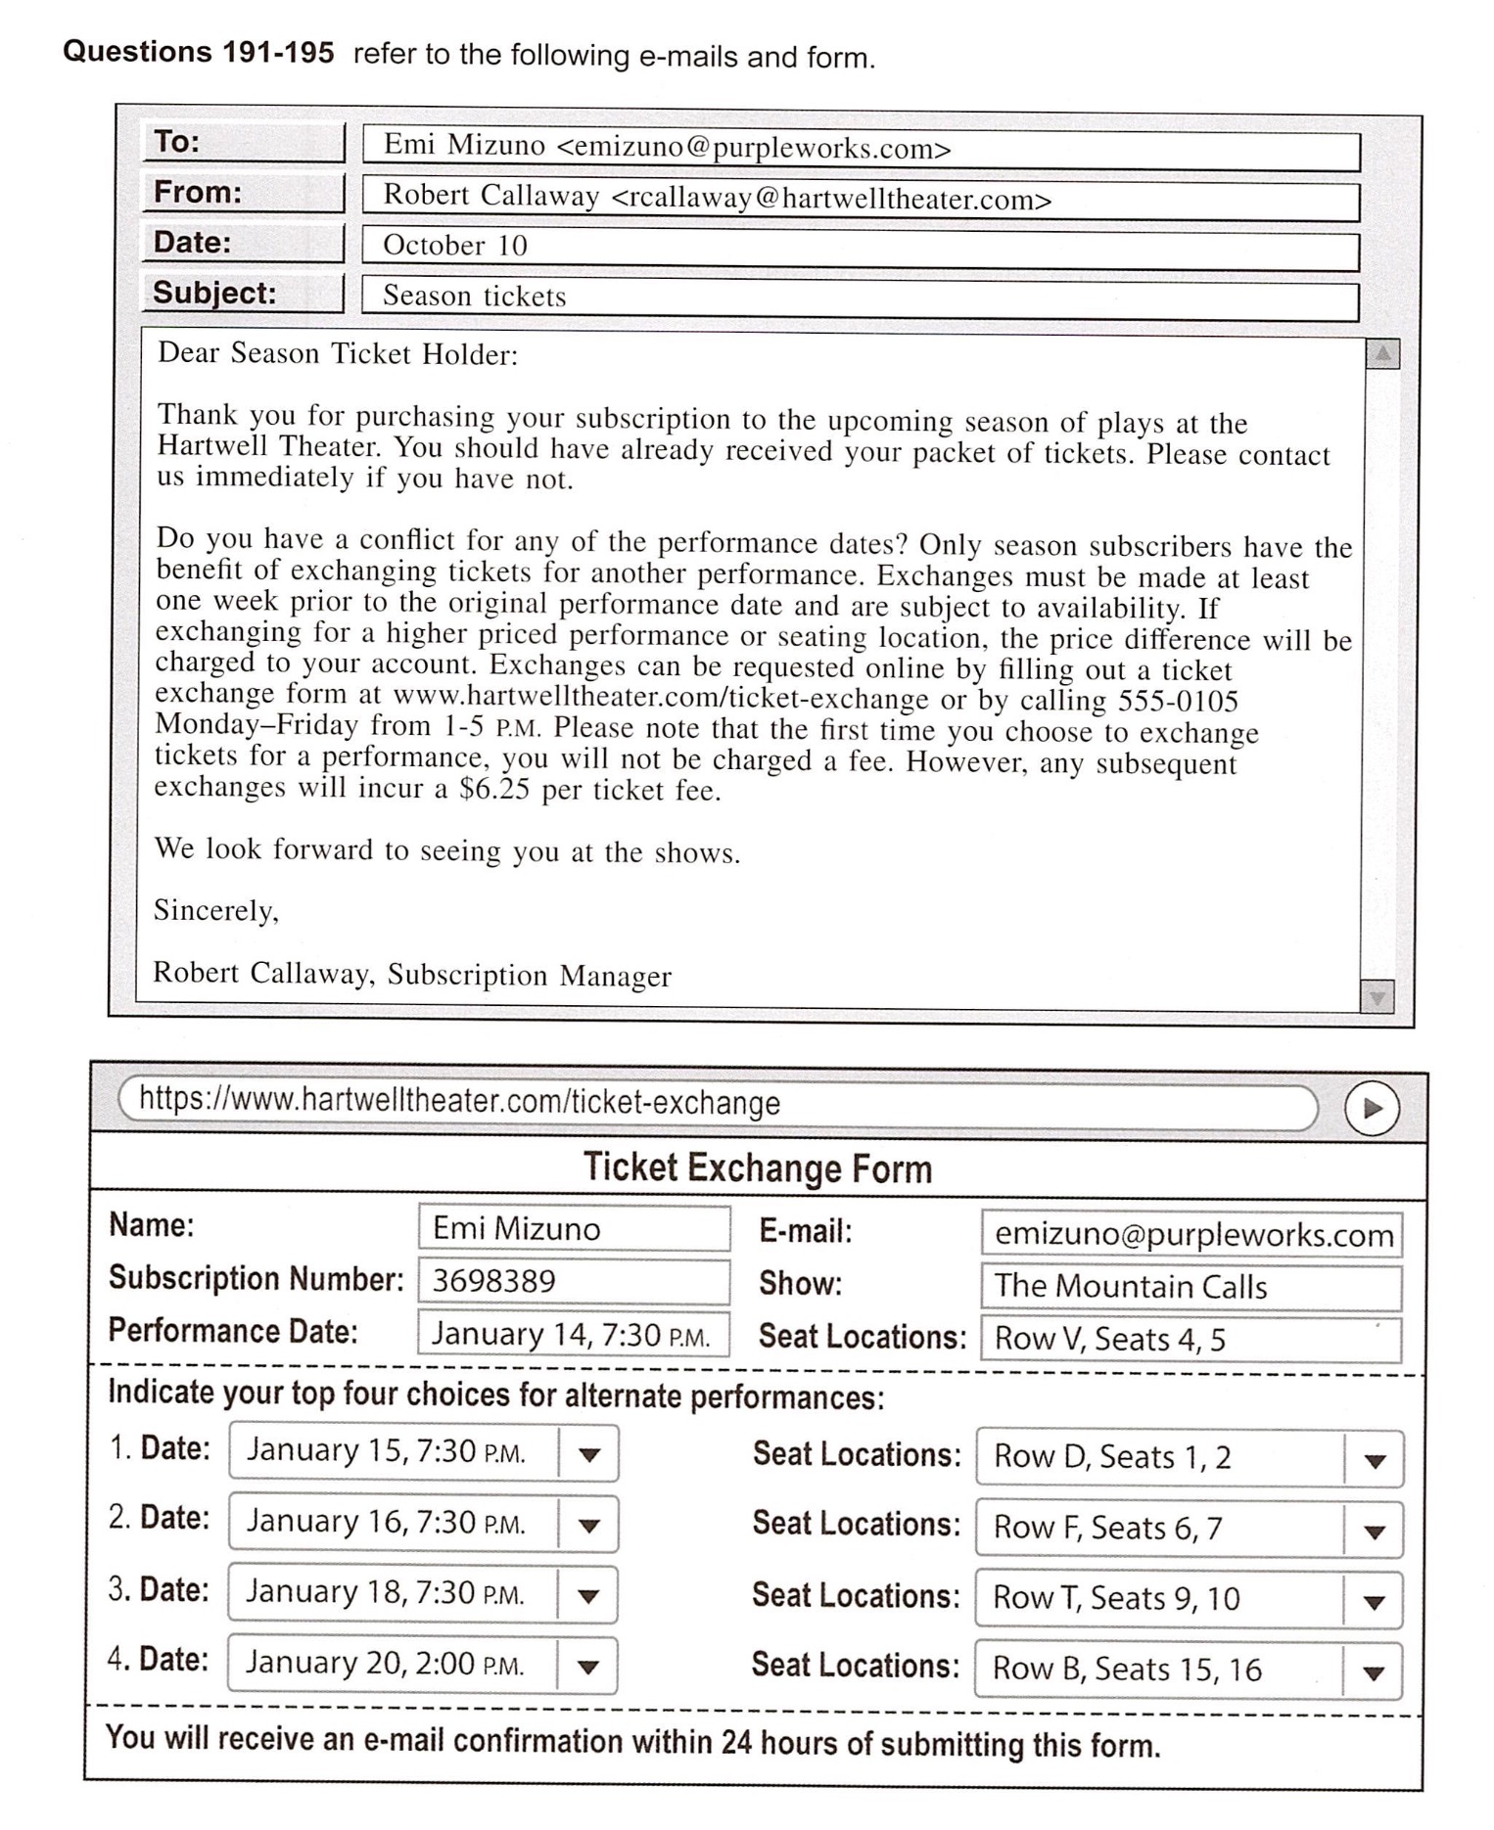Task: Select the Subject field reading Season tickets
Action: [x=860, y=297]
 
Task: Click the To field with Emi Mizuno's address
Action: [x=860, y=148]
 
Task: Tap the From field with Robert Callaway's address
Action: [x=860, y=199]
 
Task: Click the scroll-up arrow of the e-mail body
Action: [x=1382, y=354]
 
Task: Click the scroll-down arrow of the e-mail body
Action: [x=1377, y=997]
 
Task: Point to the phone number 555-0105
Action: [x=1178, y=702]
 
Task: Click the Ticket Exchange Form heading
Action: [x=758, y=1168]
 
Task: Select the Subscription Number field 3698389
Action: [x=574, y=1281]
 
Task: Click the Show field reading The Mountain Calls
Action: [x=1191, y=1287]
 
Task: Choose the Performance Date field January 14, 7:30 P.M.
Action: [x=574, y=1334]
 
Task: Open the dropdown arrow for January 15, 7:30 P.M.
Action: [x=588, y=1455]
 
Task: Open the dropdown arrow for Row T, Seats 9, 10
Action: [x=1374, y=1603]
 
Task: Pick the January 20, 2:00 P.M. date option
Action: [x=392, y=1665]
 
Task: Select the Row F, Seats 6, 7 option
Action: [x=1160, y=1529]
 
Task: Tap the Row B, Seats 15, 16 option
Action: [x=1160, y=1670]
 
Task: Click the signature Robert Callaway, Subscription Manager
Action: [x=412, y=975]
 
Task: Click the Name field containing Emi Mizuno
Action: [x=574, y=1228]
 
